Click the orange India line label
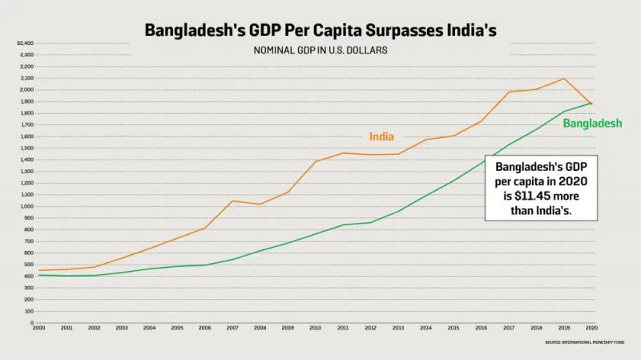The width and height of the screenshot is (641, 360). click(381, 136)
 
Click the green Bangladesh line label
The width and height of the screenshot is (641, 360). click(592, 123)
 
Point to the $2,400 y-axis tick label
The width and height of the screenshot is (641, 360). click(25, 43)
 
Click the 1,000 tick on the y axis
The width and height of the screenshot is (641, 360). click(26, 206)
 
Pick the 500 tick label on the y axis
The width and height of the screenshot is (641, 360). click(27, 265)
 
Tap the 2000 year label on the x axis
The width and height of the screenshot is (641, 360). click(38, 328)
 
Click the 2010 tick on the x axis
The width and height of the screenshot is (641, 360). click(316, 328)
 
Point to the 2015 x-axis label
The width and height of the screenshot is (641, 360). click(454, 328)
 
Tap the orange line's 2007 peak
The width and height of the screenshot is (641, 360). click(232, 200)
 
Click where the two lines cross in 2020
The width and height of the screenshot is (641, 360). click(591, 103)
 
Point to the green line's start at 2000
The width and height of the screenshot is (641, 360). click(38, 275)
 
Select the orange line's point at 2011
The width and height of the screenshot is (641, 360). click(343, 153)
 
